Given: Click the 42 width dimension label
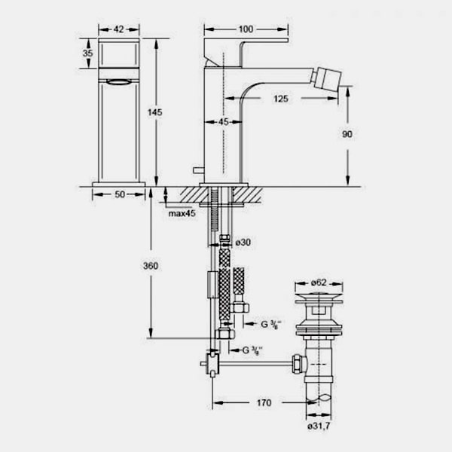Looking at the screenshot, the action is tap(119, 29).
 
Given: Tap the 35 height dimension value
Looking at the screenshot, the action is tap(87, 53).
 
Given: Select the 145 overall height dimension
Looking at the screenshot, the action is tap(154, 112).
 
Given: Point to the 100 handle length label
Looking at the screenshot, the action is tap(246, 29).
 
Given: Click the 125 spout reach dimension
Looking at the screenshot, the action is tap(281, 99).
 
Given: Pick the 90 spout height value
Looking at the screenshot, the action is tap(347, 134).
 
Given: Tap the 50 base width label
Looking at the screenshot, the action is tap(120, 194).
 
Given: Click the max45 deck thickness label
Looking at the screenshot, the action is tap(182, 213).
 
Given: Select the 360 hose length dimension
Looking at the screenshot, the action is tap(151, 265).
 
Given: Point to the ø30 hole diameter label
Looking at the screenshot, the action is tap(243, 243).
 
